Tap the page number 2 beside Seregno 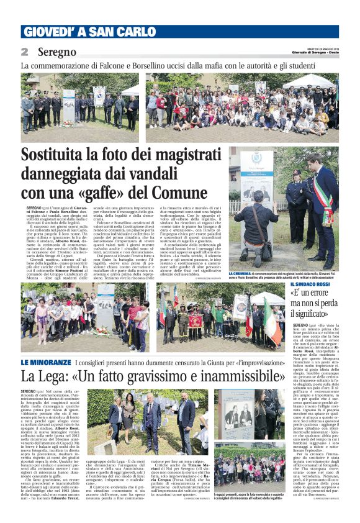click(x=25, y=52)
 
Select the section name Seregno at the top click(x=56, y=52)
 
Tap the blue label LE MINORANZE click(x=45, y=362)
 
